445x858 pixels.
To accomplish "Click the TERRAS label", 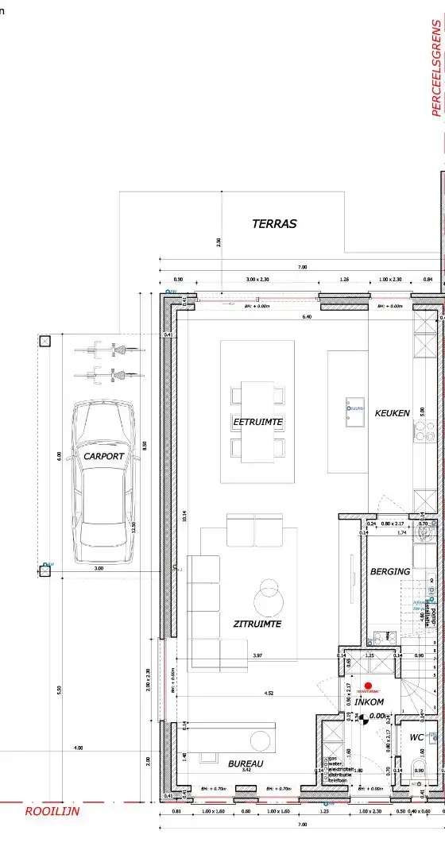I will click(274, 224).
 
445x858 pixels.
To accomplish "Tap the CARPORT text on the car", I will click(104, 457).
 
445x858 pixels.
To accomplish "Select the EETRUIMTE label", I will click(258, 421).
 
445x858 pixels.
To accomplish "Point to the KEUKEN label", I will click(393, 413).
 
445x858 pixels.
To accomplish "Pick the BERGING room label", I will click(390, 571).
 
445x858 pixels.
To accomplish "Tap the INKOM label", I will click(369, 702).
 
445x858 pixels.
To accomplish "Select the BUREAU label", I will click(246, 763).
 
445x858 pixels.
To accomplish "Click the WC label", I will click(416, 737).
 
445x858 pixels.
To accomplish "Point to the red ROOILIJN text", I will click(52, 811).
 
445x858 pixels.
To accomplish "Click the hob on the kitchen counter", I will click(424, 431).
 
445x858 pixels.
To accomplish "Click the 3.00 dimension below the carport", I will click(99, 569).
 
